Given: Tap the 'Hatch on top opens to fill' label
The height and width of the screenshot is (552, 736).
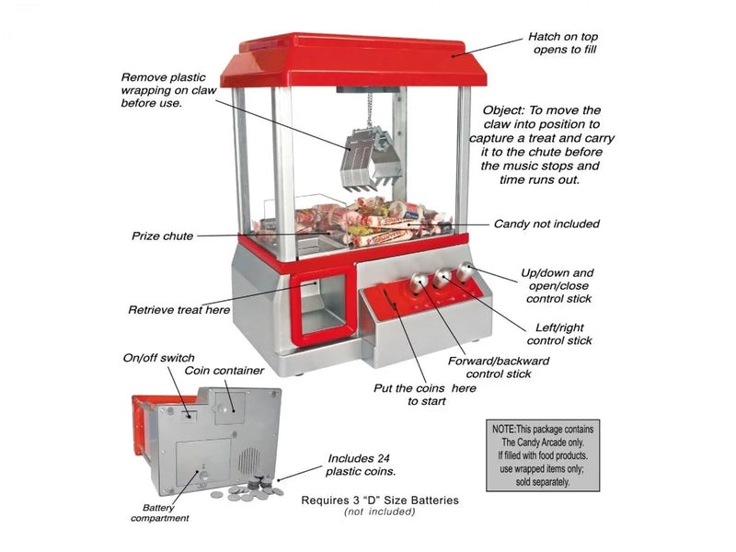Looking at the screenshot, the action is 563,43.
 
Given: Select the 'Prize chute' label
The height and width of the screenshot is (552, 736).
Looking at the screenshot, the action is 163,236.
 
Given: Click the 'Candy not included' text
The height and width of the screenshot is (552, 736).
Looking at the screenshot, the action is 546,224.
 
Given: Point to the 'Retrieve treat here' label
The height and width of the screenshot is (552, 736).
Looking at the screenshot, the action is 178,310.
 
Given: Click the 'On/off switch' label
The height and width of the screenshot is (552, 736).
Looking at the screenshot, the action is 158,358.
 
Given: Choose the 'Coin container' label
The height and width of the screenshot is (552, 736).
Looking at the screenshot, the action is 224,371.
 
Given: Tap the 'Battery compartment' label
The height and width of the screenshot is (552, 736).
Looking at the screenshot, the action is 159,513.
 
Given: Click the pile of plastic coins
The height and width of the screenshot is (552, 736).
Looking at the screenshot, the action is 247,489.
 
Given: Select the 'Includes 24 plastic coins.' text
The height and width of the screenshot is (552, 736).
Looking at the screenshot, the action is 361,465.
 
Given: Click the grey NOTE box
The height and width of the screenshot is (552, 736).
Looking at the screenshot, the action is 543,455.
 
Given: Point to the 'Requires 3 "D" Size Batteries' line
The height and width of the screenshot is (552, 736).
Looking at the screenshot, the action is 380,500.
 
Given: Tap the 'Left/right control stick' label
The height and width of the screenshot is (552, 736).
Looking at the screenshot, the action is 559,334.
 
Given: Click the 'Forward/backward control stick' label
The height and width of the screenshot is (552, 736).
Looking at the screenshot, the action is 499,367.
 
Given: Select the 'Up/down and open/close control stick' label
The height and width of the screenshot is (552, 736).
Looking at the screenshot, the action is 558,286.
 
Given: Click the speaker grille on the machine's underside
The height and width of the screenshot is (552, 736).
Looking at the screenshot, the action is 249,461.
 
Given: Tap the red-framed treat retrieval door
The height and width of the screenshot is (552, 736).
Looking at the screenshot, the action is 324,305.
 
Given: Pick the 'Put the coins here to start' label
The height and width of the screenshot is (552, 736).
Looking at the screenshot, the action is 425,395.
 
